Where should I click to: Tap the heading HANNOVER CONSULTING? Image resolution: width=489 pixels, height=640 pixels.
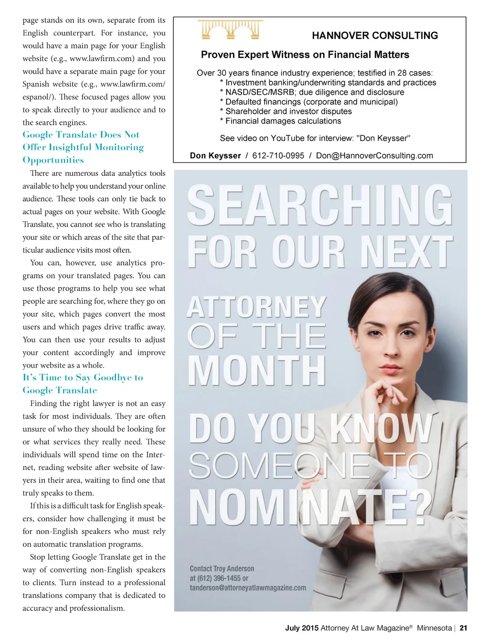[375, 36]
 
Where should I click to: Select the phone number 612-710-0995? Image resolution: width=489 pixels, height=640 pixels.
[278, 156]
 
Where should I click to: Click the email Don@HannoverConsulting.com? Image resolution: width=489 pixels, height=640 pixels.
[374, 156]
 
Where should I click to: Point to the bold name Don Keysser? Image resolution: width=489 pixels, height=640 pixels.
[215, 156]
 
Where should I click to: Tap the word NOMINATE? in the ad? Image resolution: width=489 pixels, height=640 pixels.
[310, 507]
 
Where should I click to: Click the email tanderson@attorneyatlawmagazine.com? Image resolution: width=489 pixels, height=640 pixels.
[248, 588]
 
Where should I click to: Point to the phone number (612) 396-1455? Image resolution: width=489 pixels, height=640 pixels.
[215, 578]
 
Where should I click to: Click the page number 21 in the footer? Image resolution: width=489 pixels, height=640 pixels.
[463, 628]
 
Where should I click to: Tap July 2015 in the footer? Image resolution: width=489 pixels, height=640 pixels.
[302, 628]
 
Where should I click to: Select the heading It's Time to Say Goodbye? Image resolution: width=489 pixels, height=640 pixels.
[83, 378]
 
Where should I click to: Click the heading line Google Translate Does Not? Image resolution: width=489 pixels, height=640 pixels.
[81, 135]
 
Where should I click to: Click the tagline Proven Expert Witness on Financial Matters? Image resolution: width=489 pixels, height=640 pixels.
[305, 55]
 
